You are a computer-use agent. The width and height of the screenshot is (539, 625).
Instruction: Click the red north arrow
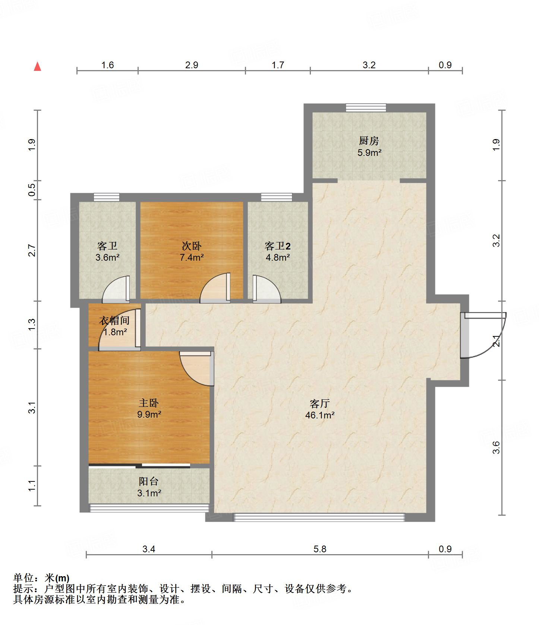pyautogui.click(x=37, y=66)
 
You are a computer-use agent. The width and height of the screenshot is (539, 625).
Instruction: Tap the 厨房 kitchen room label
pyautogui.click(x=369, y=141)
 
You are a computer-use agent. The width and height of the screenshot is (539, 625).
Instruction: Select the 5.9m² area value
pyautogui.click(x=369, y=153)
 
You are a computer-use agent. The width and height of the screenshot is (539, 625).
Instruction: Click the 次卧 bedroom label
pyautogui.click(x=192, y=246)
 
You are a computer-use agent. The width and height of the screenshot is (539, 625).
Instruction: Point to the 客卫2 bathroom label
pyautogui.click(x=278, y=246)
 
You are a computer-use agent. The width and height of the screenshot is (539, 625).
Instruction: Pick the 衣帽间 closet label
pyautogui.click(x=114, y=320)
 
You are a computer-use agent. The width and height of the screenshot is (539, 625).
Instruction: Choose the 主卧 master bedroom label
pyautogui.click(x=149, y=403)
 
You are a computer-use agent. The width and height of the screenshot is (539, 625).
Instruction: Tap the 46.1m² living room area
pyautogui.click(x=320, y=415)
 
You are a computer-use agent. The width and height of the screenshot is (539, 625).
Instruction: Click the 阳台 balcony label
pyautogui.click(x=149, y=481)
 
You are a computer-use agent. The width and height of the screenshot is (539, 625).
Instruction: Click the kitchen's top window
pyautogui.click(x=366, y=107)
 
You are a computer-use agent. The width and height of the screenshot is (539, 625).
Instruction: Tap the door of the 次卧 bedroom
pyautogui.click(x=215, y=288)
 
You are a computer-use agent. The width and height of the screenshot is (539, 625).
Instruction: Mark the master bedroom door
pyautogui.click(x=197, y=368)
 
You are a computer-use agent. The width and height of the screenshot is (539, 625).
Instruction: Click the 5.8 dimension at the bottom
pyautogui.click(x=320, y=549)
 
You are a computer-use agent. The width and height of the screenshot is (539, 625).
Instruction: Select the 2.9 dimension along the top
pyautogui.click(x=192, y=65)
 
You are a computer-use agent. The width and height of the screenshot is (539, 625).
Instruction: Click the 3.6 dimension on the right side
pyautogui.click(x=496, y=447)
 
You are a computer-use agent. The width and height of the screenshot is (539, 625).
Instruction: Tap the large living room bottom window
pyautogui.click(x=319, y=517)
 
